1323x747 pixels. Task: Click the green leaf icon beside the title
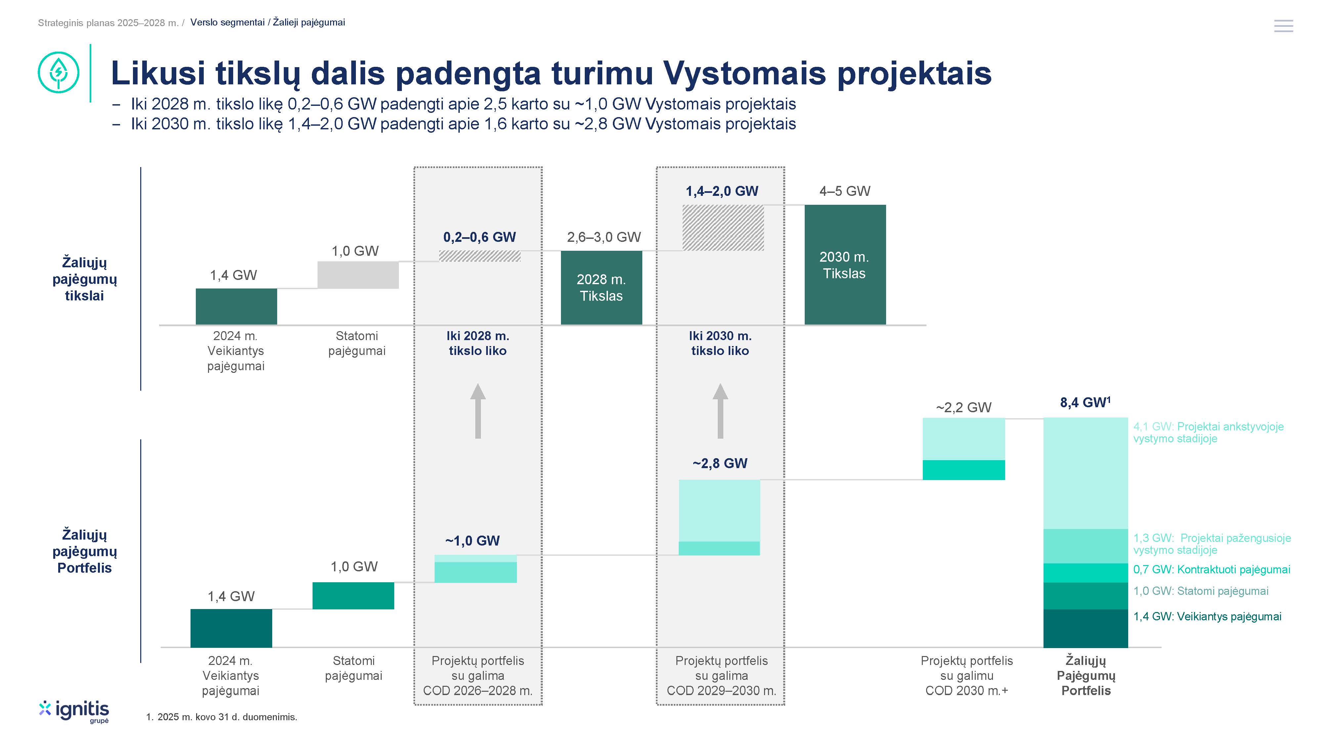[x=59, y=72]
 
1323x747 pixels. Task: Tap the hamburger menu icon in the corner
[x=1283, y=26]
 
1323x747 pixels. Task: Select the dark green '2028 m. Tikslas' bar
[x=601, y=288]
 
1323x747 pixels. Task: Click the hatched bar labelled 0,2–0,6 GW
[x=480, y=256]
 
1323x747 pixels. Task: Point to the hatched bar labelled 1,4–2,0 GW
[x=723, y=228]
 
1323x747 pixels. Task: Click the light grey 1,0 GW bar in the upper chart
[x=358, y=275]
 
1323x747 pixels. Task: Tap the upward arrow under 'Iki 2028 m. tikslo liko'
[x=478, y=411]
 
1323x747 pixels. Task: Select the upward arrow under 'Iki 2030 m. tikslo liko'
[x=720, y=411]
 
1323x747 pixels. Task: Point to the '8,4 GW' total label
[x=1085, y=402]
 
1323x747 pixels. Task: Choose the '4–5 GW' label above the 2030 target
[x=845, y=191]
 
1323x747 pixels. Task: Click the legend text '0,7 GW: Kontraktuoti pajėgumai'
[x=1212, y=569]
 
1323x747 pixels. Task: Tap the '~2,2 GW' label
[x=963, y=407]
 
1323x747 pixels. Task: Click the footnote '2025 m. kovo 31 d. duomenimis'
[x=227, y=717]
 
